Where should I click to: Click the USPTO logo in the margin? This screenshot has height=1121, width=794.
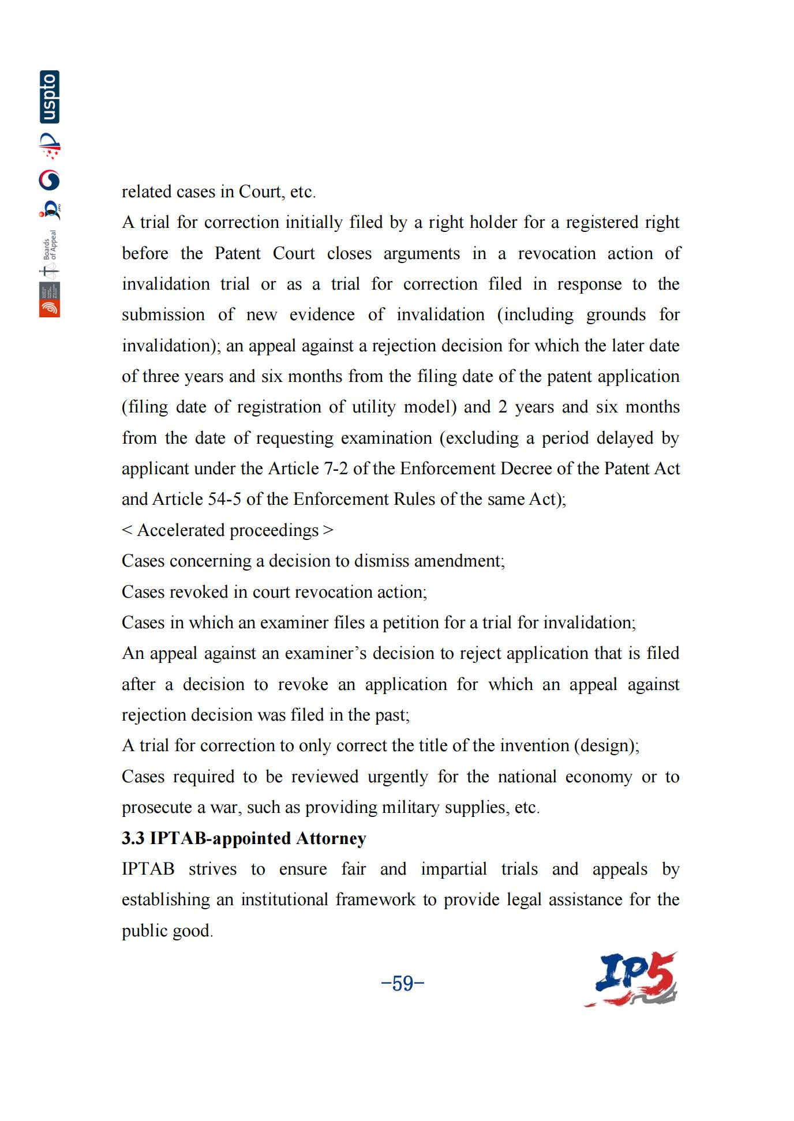click(x=50, y=97)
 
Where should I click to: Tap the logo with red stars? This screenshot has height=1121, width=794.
click(x=50, y=147)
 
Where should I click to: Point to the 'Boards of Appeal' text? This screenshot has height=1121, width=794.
click(x=51, y=245)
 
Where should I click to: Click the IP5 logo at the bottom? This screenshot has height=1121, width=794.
click(x=631, y=980)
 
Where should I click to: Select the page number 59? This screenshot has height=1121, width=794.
click(x=403, y=983)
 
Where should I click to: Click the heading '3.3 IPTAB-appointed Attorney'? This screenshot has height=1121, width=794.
click(x=244, y=838)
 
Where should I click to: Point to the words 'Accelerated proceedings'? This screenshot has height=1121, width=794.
click(x=227, y=530)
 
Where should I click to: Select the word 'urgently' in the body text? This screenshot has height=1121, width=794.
click(x=398, y=777)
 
